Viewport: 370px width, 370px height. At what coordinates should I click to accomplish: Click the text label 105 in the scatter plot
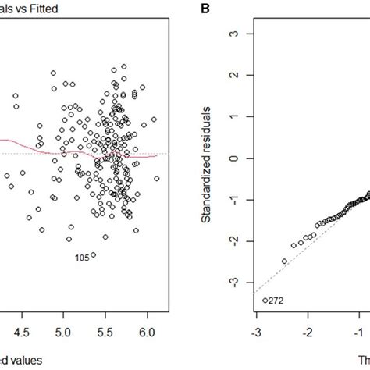80,256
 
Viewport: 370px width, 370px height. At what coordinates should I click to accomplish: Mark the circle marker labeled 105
93,254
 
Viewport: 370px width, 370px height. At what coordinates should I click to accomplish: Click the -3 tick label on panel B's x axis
254,331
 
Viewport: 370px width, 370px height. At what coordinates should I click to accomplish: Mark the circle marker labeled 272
265,300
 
